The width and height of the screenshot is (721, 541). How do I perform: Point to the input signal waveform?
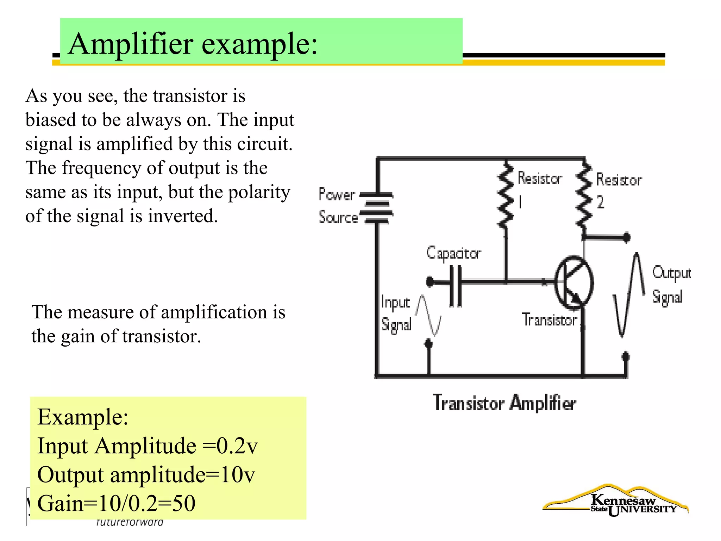pos(428,315)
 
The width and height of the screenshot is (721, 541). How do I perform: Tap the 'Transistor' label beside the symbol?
pos(549,320)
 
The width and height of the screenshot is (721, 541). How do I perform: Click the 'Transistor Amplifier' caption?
pos(504,403)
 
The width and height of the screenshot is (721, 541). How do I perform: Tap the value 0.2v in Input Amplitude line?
pos(237,446)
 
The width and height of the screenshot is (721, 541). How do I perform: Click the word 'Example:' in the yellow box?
pos(83,417)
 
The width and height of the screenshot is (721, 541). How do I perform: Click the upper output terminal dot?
pos(626,237)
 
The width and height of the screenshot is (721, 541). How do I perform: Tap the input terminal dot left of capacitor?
pos(430,282)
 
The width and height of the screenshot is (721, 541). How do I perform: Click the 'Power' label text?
pos(337,194)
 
